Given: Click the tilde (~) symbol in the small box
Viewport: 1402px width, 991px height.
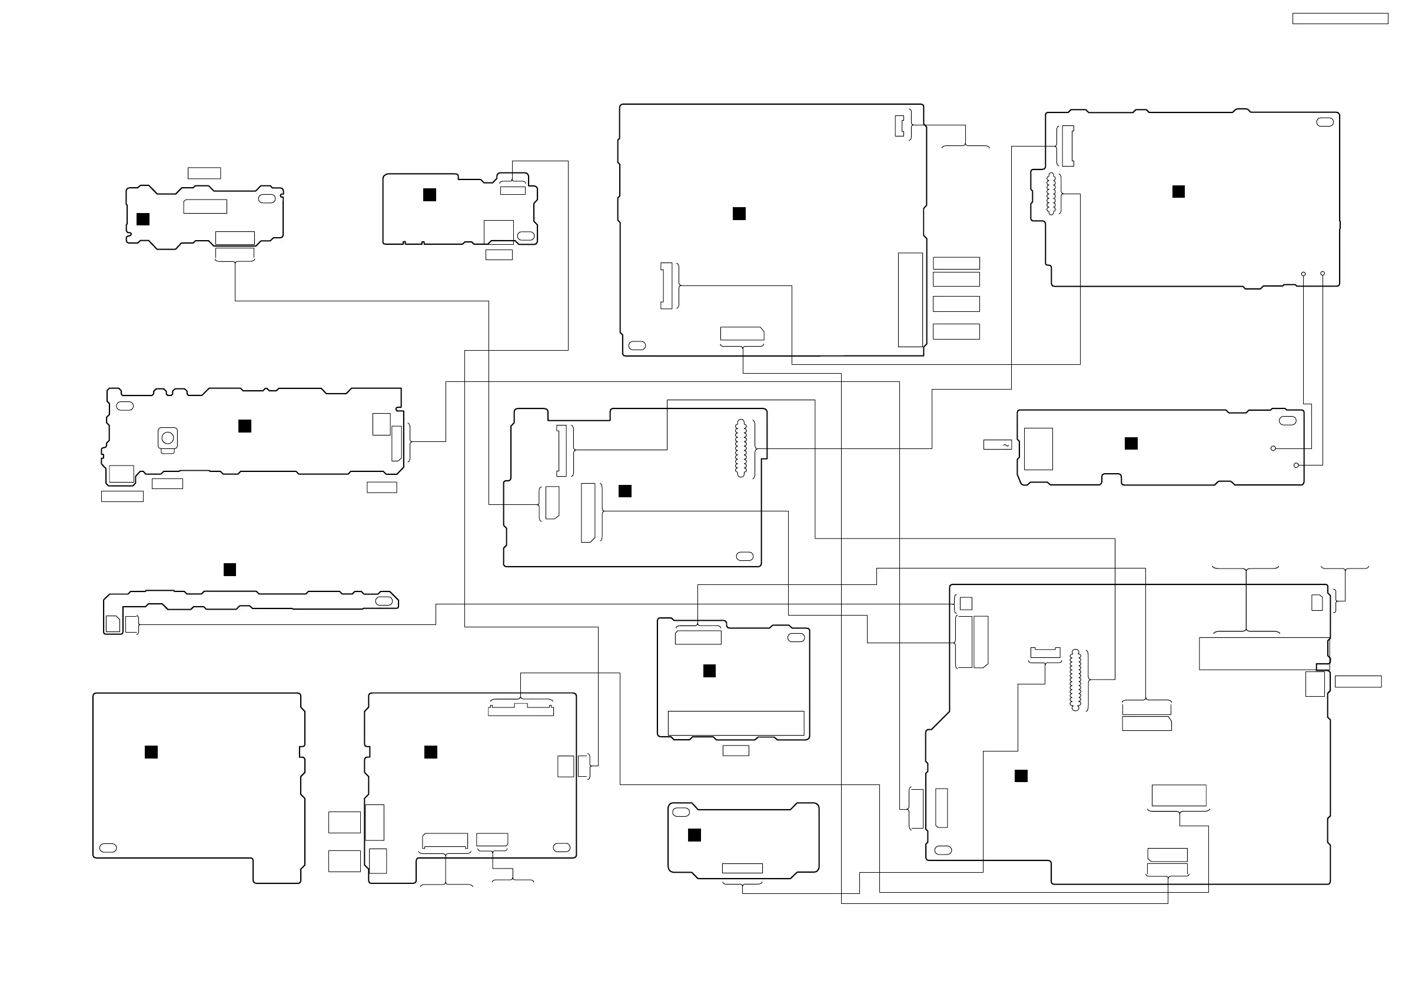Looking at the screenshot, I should pos(1005,445).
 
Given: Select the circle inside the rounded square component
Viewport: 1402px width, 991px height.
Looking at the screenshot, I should pos(168,438).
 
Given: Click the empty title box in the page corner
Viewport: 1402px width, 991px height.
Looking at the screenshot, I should pos(1340,19).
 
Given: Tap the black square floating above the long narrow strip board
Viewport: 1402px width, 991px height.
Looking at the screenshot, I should pos(230,570).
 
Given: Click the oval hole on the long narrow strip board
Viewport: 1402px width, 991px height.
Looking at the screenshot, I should pos(384,601).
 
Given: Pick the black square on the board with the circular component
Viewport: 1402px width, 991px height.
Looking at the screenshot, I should pos(245,426).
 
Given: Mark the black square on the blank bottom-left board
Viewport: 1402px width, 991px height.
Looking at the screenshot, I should pos(151,752).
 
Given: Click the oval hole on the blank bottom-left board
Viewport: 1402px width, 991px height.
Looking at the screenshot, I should pos(108,848).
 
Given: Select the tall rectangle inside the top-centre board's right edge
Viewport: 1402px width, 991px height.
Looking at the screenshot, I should pos(910,300).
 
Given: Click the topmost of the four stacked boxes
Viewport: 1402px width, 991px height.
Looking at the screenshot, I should pos(956,263).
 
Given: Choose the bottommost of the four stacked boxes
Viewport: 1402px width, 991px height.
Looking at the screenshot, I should pos(956,331).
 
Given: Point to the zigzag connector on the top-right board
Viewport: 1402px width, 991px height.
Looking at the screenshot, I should pos(1051,194).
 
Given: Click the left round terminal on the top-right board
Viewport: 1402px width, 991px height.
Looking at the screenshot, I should pos(1303,274).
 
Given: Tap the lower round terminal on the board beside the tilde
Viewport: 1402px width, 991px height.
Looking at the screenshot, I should pos(1295,465).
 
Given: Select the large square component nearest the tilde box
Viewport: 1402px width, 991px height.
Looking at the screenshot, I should pos(1038,449).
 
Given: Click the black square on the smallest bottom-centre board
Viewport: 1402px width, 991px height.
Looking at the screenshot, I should pos(695,835).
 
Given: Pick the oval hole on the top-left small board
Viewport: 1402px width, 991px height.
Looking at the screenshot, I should pos(267,199).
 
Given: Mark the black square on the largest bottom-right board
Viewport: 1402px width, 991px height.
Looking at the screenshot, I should pos(1021,776).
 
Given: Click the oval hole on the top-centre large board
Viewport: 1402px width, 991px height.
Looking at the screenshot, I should pos(637,345).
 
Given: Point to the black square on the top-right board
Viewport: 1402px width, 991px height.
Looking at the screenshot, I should pos(1178,192).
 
